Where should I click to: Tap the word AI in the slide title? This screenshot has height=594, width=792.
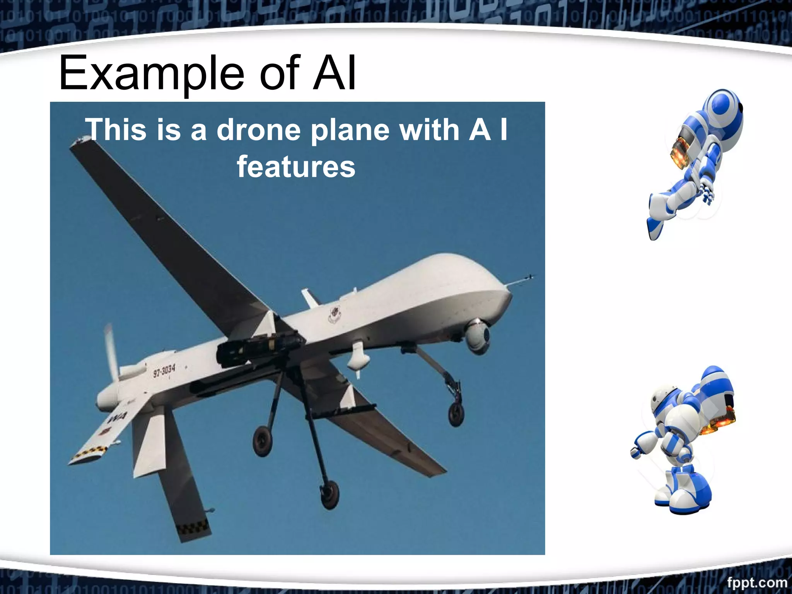(335, 73)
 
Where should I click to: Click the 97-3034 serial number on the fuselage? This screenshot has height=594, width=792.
(164, 370)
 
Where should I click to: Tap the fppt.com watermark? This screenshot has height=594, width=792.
(756, 582)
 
